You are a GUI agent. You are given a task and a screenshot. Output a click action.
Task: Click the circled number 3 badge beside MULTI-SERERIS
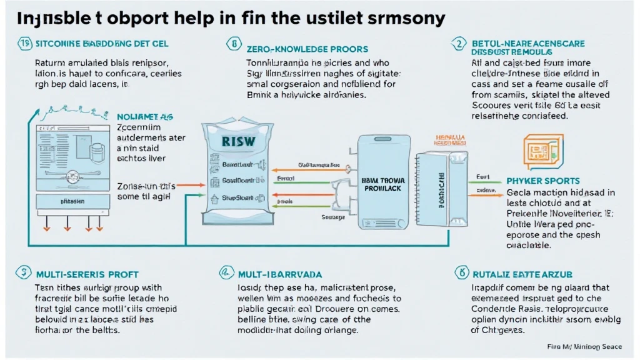23,272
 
